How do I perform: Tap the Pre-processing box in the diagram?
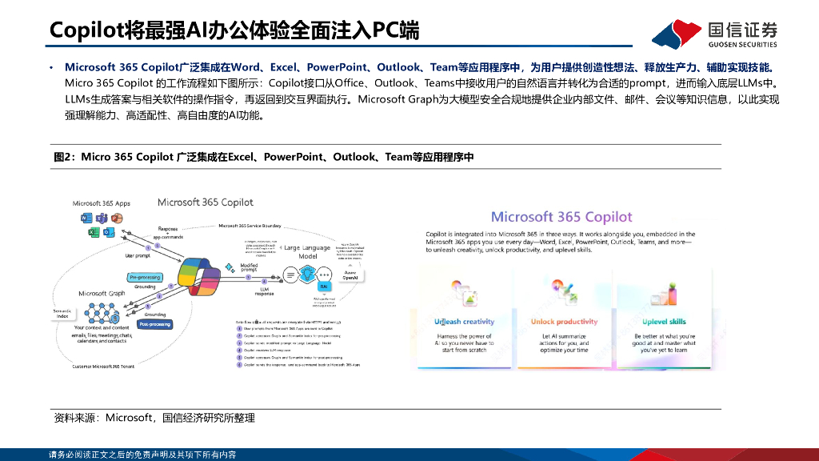pyautogui.click(x=144, y=277)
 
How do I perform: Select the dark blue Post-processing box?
pyautogui.click(x=152, y=325)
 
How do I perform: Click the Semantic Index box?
pyautogui.click(x=61, y=314)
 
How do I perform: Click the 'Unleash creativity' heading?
pyautogui.click(x=464, y=322)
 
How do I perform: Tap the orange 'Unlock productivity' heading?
pyautogui.click(x=565, y=322)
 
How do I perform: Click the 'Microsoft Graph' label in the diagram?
pyautogui.click(x=103, y=294)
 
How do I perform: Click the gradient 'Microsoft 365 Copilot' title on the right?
pyautogui.click(x=561, y=217)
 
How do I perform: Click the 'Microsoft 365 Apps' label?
pyautogui.click(x=102, y=203)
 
